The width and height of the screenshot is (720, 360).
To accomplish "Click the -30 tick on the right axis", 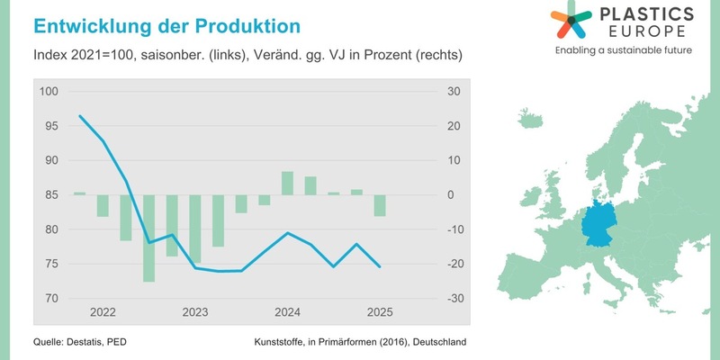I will (x=454, y=298).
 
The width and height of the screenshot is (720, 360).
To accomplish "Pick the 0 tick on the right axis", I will (x=451, y=194).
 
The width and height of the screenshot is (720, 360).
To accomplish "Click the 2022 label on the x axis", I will (x=103, y=313).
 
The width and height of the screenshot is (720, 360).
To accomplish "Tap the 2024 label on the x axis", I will (x=287, y=313).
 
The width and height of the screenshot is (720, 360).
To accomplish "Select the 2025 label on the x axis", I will (x=379, y=313).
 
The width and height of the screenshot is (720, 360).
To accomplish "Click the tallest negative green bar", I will (x=148, y=238).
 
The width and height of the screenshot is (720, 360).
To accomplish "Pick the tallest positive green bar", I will (x=287, y=183).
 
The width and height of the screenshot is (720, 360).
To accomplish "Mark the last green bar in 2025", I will (x=380, y=205).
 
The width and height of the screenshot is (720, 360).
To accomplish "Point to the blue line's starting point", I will (x=80, y=116).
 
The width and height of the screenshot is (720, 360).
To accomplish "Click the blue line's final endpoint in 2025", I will (x=380, y=266).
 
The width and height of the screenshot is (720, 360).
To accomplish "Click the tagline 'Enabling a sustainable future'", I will (x=623, y=50).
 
